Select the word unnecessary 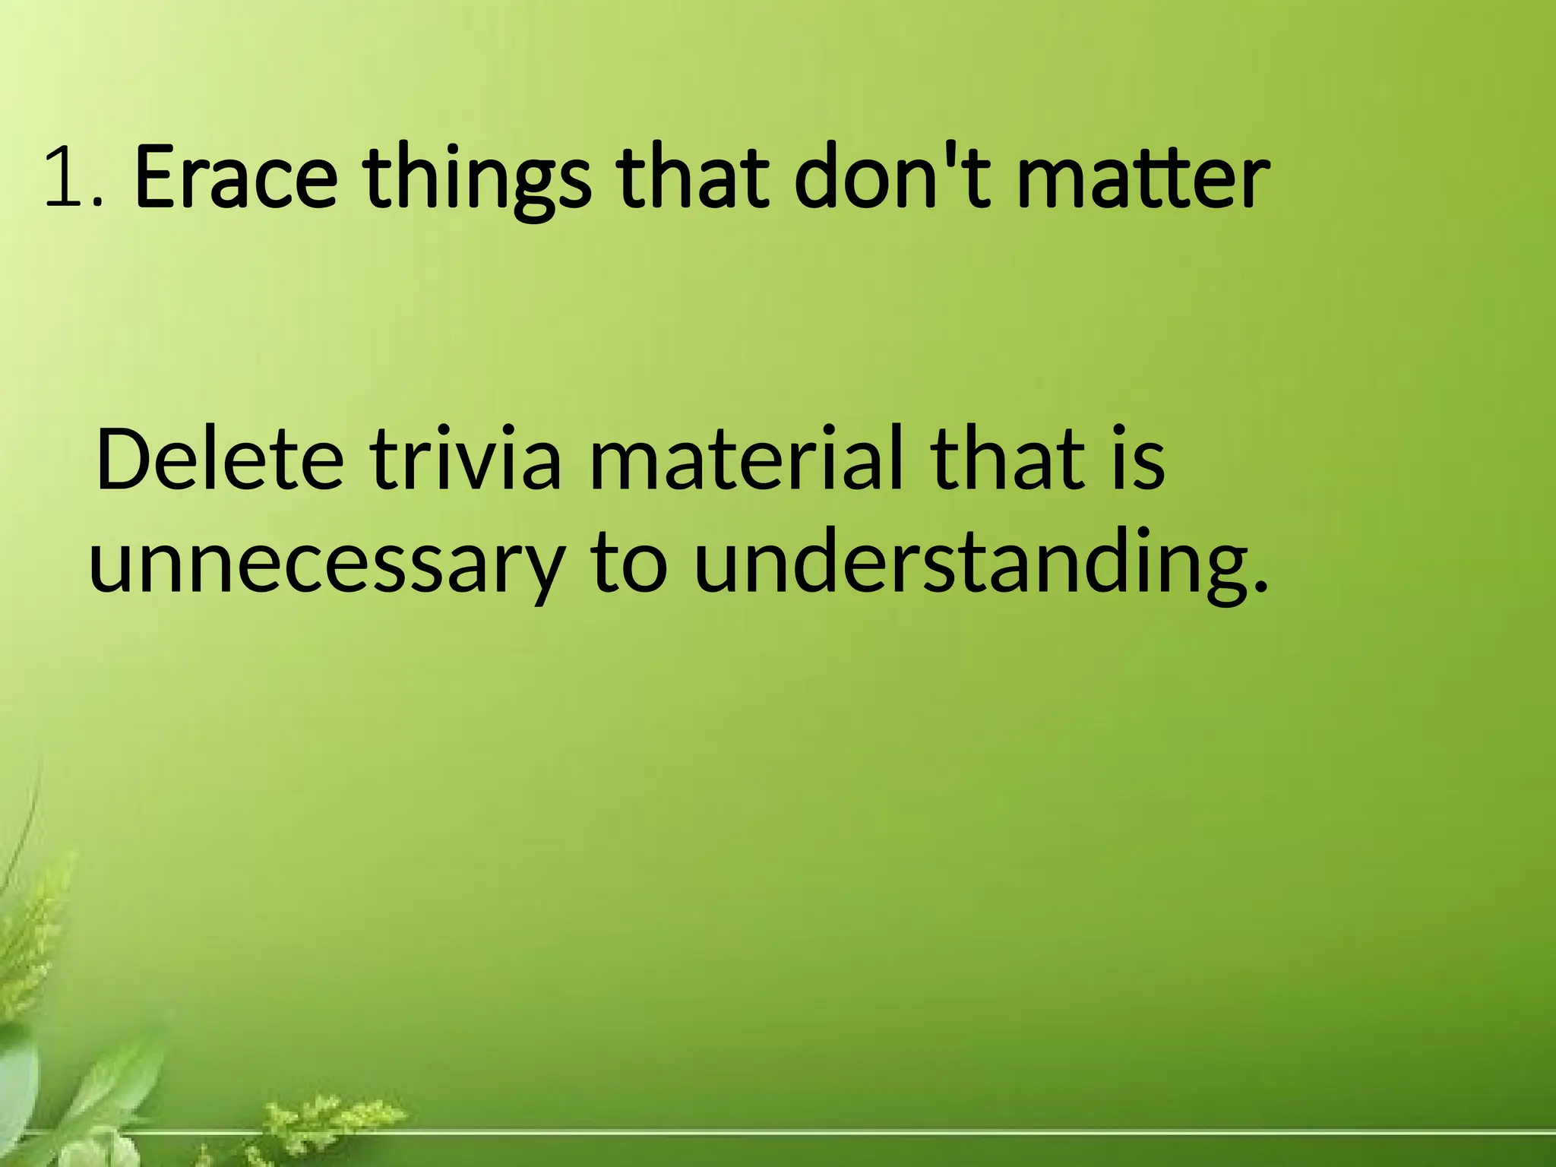pos(327,566)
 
